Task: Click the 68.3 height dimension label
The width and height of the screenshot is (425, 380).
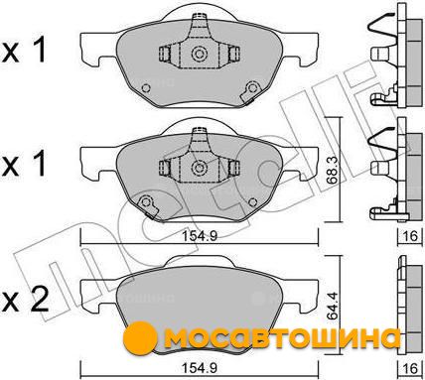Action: tap(332, 171)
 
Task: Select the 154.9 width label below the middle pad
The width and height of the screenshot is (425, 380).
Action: tap(201, 236)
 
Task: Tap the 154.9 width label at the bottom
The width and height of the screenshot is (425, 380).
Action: tap(201, 368)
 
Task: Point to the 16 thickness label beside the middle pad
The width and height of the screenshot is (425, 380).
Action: tap(409, 236)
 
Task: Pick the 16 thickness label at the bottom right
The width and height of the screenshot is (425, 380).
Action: tap(410, 368)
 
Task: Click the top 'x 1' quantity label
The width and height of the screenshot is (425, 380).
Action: tap(24, 51)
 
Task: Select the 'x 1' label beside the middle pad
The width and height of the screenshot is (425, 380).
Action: tap(24, 165)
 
